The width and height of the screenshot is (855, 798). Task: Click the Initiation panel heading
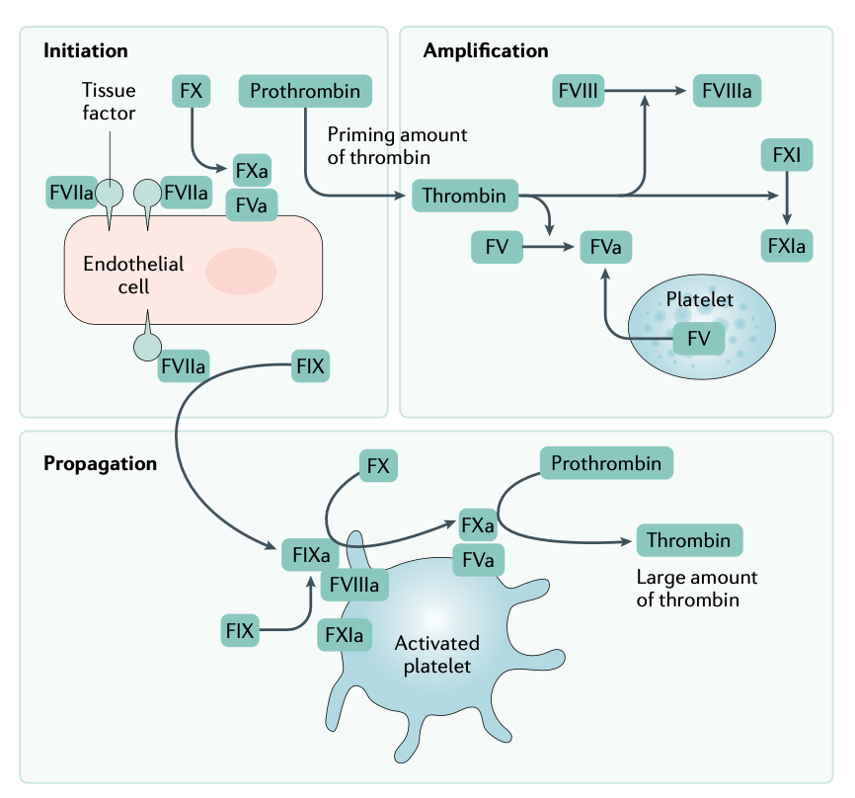tap(86, 50)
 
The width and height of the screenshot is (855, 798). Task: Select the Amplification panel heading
tap(486, 50)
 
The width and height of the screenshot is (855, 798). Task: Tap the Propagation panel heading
tap(100, 463)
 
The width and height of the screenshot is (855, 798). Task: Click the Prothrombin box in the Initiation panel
tap(305, 92)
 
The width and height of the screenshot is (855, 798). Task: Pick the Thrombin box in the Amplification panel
tap(464, 197)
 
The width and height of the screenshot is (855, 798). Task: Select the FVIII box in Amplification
tap(577, 92)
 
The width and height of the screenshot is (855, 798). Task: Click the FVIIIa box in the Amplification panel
tap(728, 92)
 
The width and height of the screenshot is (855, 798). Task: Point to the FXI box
tap(787, 155)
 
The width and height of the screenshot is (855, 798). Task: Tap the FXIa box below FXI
tap(787, 244)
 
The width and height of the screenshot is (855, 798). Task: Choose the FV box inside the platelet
tap(699, 340)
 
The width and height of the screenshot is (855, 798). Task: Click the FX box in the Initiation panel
tap(191, 92)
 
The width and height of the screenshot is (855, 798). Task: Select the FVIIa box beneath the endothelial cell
tap(184, 366)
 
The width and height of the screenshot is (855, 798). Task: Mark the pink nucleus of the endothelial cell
tap(241, 272)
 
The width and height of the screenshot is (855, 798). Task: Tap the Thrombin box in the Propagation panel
tap(689, 540)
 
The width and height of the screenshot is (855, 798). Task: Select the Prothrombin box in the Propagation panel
tap(606, 462)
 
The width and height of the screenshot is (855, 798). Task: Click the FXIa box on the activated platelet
tap(344, 634)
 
